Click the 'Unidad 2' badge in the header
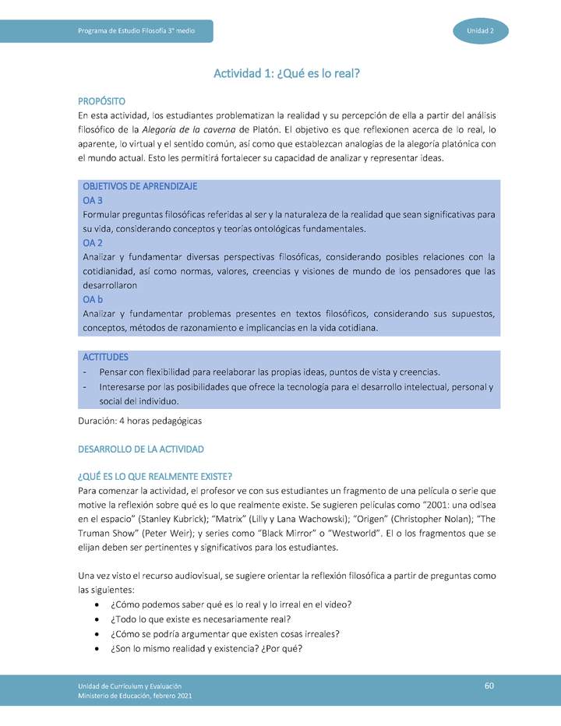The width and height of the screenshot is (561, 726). [x=480, y=30]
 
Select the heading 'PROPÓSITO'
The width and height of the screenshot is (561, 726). [x=102, y=102]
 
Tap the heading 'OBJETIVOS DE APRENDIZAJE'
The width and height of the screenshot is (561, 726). [x=139, y=187]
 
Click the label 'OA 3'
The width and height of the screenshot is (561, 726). [x=93, y=201]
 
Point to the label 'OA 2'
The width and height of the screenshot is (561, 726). [x=93, y=243]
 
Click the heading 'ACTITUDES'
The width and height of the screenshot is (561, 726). [x=105, y=357]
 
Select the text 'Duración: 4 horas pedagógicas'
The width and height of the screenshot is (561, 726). [x=140, y=421]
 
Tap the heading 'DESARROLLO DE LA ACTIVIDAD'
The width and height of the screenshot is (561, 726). [x=141, y=449]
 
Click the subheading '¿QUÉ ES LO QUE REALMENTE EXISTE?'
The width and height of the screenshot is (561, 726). [x=156, y=477]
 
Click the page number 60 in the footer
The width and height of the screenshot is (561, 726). [x=489, y=685]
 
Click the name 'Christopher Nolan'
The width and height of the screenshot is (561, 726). [x=447, y=519]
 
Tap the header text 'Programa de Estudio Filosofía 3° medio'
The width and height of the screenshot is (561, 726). [x=136, y=30]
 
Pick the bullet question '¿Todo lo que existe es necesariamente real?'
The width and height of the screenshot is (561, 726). [x=201, y=619]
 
